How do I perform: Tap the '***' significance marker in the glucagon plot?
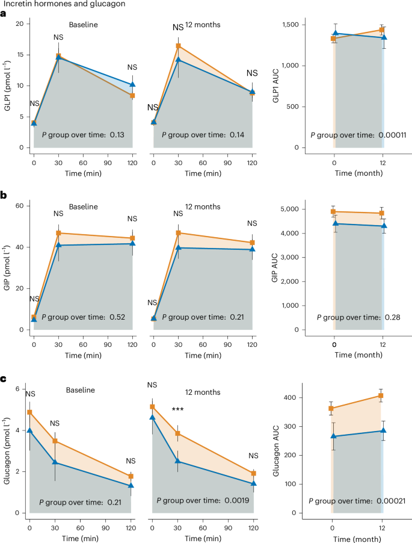click(x=177, y=410)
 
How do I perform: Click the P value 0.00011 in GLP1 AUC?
click(x=393, y=135)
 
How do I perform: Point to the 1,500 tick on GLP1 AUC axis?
click(x=310, y=25)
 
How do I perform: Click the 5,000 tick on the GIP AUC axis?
click(x=310, y=209)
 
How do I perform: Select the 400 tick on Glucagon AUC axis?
click(x=313, y=398)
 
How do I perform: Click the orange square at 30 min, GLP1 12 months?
click(x=178, y=46)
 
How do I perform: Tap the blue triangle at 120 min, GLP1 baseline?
click(x=132, y=84)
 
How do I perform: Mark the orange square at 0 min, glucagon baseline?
click(x=29, y=412)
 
